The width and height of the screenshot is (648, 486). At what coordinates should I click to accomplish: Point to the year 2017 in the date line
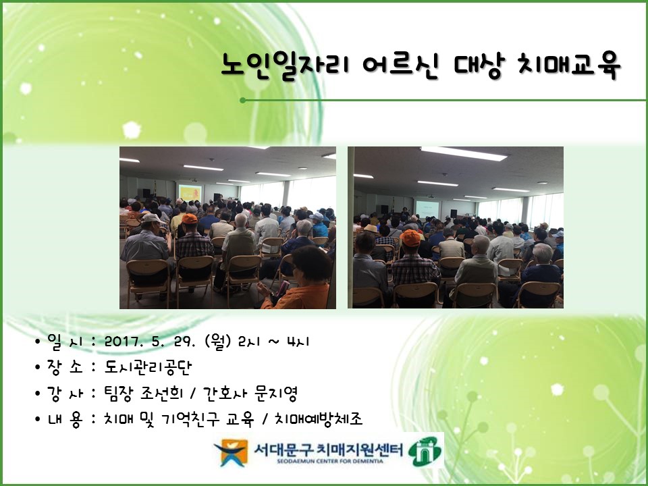coord(122,342)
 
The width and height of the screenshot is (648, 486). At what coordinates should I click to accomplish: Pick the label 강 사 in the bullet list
coord(65,393)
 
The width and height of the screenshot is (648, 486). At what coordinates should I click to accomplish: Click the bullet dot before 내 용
coord(38,420)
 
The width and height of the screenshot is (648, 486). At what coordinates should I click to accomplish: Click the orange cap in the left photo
coord(190,218)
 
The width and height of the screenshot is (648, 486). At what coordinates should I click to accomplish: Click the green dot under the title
coord(242,100)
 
